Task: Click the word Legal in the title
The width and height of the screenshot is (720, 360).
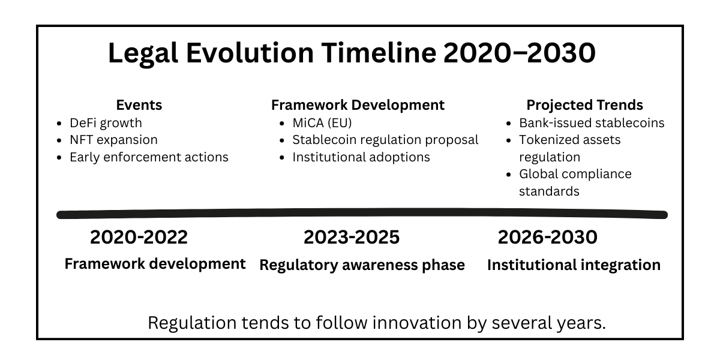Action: [143, 53]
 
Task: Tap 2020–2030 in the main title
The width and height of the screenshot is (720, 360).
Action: [520, 53]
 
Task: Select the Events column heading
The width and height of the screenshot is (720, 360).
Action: [139, 105]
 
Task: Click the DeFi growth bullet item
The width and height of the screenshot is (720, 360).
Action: [106, 123]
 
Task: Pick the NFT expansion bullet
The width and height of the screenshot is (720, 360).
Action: [113, 140]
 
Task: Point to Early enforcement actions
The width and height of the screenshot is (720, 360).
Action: [149, 157]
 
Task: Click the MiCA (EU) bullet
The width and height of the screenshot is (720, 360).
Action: [322, 123]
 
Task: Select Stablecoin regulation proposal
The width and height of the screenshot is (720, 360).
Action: [385, 140]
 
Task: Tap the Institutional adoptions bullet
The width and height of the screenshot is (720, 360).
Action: [361, 157]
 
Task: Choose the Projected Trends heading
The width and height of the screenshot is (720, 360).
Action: [584, 105]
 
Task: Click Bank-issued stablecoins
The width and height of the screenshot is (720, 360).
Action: [592, 123]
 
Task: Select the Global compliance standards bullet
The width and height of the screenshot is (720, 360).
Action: [575, 182]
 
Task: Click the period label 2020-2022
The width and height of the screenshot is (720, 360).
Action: [139, 237]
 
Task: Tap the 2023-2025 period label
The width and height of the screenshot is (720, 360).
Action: [352, 237]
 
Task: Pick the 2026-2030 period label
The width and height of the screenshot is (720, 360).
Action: [547, 237]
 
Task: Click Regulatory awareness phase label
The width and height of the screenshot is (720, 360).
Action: [362, 265]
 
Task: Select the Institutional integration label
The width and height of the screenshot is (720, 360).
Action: [574, 265]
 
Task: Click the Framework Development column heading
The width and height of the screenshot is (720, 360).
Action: [358, 105]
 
